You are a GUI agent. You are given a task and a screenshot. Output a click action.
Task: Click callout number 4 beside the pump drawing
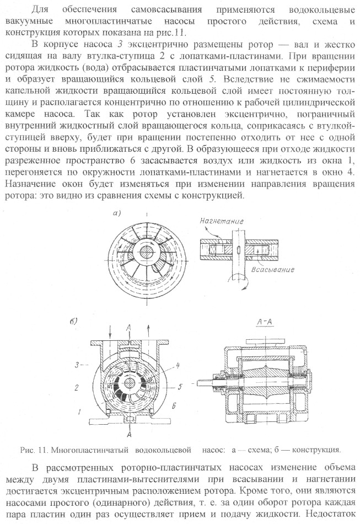[180, 364]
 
